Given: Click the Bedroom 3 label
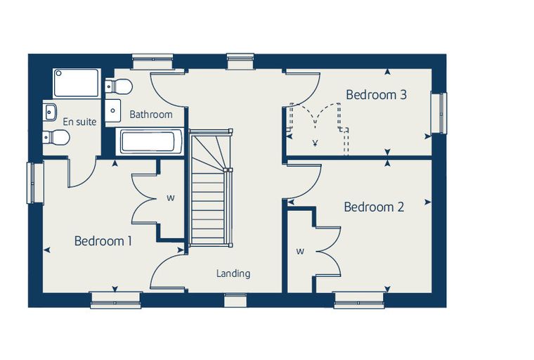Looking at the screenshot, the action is [x=376, y=94].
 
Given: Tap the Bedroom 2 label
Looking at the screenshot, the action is [x=374, y=207].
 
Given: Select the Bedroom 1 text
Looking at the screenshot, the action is [x=103, y=241].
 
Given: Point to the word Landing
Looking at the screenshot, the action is [x=233, y=274].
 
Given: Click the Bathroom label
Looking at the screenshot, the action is [x=151, y=114].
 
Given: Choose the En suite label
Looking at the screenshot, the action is [x=79, y=122].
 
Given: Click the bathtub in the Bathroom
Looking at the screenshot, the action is [x=148, y=141].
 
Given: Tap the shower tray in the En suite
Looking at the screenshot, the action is [x=77, y=83].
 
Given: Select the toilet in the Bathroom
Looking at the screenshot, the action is [x=119, y=86].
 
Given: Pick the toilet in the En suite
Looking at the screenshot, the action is [x=56, y=138].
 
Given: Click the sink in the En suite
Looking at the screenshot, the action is [x=50, y=111].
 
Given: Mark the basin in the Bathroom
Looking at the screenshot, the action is [x=112, y=111].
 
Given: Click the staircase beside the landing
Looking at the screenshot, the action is [x=211, y=188].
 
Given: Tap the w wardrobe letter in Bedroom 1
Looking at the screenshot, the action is [x=171, y=198].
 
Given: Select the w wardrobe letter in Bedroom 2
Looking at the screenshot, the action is [x=300, y=252].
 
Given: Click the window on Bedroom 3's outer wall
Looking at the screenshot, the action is [x=439, y=112].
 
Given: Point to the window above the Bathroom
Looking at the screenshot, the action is [x=153, y=62].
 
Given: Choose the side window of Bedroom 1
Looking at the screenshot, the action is [x=35, y=184].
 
